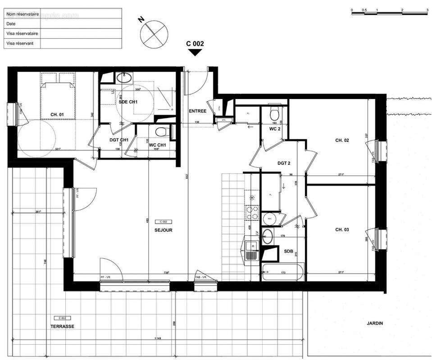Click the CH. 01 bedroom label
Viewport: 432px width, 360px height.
(57, 115)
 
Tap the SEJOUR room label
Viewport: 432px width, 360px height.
(163, 230)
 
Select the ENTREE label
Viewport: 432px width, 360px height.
(197, 111)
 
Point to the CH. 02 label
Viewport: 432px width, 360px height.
(342, 140)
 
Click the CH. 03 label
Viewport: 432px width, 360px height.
(342, 230)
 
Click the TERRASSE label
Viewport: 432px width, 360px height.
(62, 326)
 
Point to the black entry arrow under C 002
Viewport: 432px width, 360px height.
(195, 52)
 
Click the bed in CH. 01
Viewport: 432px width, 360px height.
(57, 97)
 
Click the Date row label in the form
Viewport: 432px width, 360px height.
(11, 24)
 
